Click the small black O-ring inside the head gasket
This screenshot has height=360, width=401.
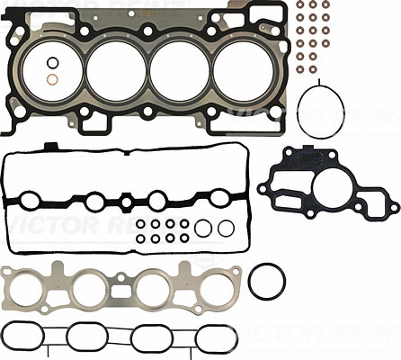53,62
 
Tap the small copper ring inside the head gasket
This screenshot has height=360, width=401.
53,80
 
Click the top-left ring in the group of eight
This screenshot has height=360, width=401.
143,223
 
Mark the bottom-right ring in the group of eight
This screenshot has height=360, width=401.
184,238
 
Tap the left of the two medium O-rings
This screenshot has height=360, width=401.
204,228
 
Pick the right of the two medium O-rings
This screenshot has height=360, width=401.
225,228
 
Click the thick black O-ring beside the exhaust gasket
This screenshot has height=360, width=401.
266,282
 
